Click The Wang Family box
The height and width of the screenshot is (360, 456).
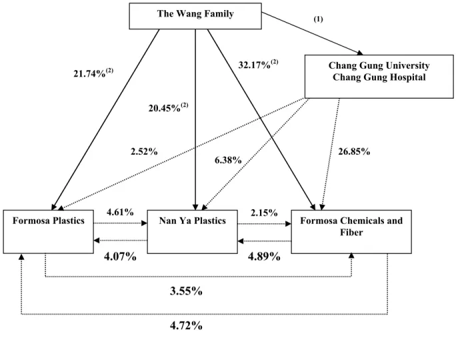(x=195, y=16)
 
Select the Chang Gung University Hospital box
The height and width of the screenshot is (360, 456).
(x=379, y=77)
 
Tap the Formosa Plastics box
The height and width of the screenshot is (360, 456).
(x=48, y=231)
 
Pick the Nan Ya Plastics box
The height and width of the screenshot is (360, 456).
(x=192, y=231)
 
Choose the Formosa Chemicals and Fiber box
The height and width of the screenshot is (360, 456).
(x=351, y=231)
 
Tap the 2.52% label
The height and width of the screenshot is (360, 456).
(x=144, y=151)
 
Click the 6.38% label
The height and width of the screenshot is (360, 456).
(x=228, y=160)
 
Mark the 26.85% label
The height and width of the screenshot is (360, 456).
(x=354, y=151)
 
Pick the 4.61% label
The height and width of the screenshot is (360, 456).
(x=120, y=212)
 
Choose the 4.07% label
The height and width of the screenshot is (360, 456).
(x=120, y=257)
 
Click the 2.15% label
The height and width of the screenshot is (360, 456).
(x=264, y=213)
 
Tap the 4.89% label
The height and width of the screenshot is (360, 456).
(x=264, y=257)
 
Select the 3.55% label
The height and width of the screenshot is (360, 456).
(x=186, y=291)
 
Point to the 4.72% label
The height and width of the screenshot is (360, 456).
(x=186, y=325)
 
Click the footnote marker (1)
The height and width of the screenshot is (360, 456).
(x=318, y=19)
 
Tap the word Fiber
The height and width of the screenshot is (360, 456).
(x=351, y=233)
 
